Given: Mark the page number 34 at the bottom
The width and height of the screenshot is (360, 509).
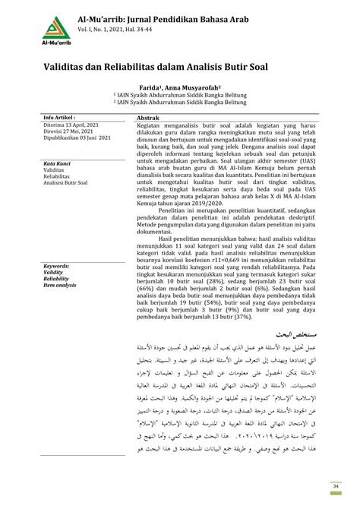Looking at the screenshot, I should [336, 487].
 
